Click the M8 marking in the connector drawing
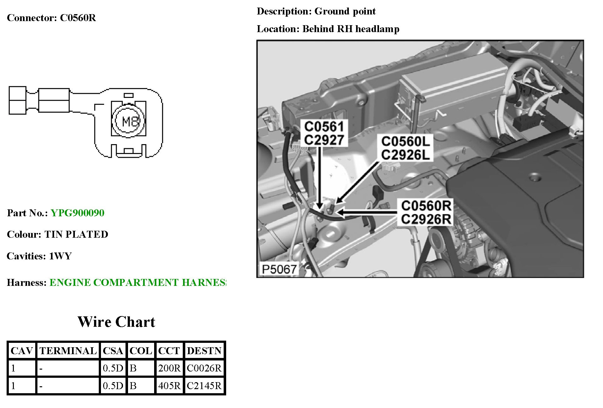pyautogui.click(x=129, y=121)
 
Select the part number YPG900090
pyautogui.click(x=77, y=213)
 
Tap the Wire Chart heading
pyautogui.click(x=116, y=322)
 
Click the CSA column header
pyautogui.click(x=113, y=351)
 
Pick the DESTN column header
pyautogui.click(x=204, y=351)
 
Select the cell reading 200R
pyautogui.click(x=169, y=368)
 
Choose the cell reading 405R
pyautogui.click(x=169, y=386)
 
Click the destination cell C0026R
pyautogui.click(x=204, y=368)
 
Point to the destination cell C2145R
pyautogui.click(x=204, y=386)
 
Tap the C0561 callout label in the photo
pyautogui.click(x=324, y=127)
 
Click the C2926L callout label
pyautogui.click(x=405, y=155)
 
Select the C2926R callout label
pyautogui.click(x=426, y=219)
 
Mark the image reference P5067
pyautogui.click(x=279, y=269)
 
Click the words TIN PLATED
pyautogui.click(x=76, y=235)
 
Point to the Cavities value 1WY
pyautogui.click(x=60, y=256)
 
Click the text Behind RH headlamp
pyautogui.click(x=351, y=29)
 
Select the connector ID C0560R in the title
pyautogui.click(x=78, y=18)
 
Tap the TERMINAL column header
pyautogui.click(x=68, y=351)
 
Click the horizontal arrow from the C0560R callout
pyautogui.click(x=368, y=213)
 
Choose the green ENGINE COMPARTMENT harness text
pyautogui.click(x=137, y=282)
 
